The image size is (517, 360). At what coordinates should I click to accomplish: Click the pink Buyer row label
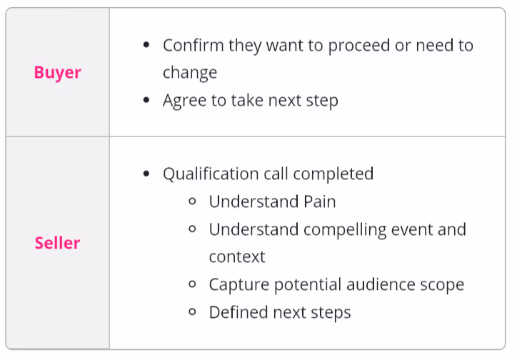click(x=57, y=73)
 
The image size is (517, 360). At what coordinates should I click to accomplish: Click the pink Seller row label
click(x=57, y=243)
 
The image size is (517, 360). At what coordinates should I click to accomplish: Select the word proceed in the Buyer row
click(x=359, y=46)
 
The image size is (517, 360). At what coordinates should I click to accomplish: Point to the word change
click(x=190, y=73)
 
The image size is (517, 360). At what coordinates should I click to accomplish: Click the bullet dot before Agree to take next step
click(x=146, y=100)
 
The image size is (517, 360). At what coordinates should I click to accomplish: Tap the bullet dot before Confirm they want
click(x=146, y=44)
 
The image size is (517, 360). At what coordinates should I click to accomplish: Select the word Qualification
click(x=211, y=174)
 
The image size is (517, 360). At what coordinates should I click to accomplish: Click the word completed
click(x=333, y=174)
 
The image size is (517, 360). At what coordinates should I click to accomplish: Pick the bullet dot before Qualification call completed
click(x=146, y=174)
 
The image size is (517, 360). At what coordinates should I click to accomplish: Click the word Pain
click(x=320, y=201)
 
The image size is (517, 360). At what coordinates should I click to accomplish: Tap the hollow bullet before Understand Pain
click(x=193, y=201)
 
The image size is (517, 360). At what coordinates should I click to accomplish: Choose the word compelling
click(x=345, y=230)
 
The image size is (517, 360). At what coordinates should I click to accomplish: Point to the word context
click(x=237, y=257)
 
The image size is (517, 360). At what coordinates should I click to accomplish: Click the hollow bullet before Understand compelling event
click(x=193, y=229)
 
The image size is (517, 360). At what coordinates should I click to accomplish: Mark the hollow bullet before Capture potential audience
click(x=193, y=284)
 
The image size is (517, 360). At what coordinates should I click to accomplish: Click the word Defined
click(x=239, y=312)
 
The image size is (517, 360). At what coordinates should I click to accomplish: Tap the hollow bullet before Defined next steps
click(x=193, y=311)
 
